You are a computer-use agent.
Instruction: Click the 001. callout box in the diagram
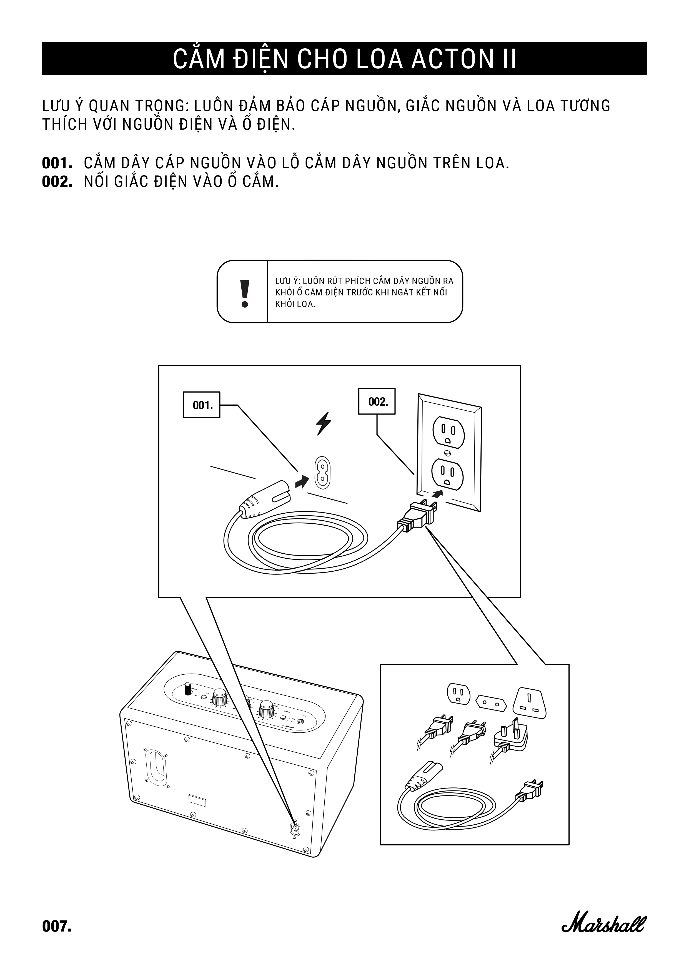(x=202, y=405)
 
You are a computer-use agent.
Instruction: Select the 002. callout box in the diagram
(x=376, y=401)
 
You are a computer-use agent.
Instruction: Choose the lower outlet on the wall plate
(x=448, y=473)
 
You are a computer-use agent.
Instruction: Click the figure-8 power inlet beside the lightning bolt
(x=322, y=473)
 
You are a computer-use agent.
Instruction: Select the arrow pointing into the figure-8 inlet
(x=302, y=481)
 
